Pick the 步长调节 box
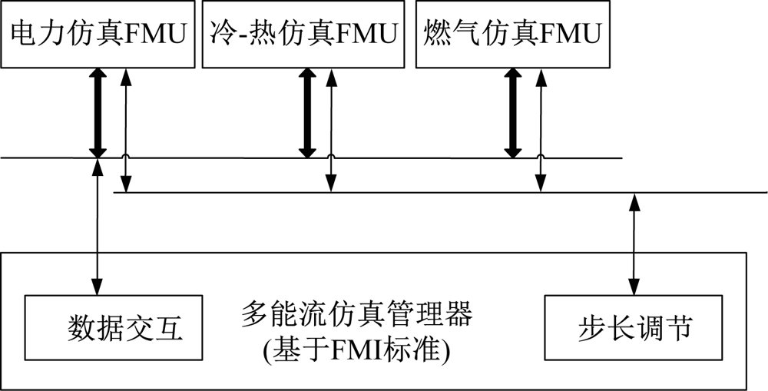634,329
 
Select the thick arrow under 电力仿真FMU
98,113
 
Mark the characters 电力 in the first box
34,35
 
